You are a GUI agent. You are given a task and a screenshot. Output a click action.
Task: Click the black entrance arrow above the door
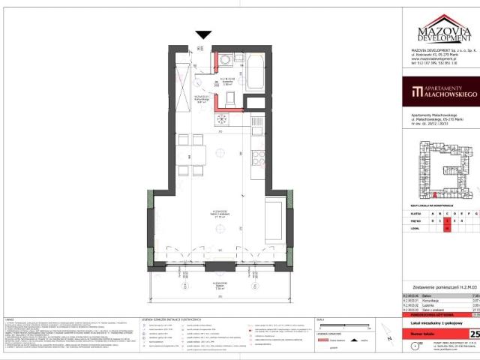pos(202,34)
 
